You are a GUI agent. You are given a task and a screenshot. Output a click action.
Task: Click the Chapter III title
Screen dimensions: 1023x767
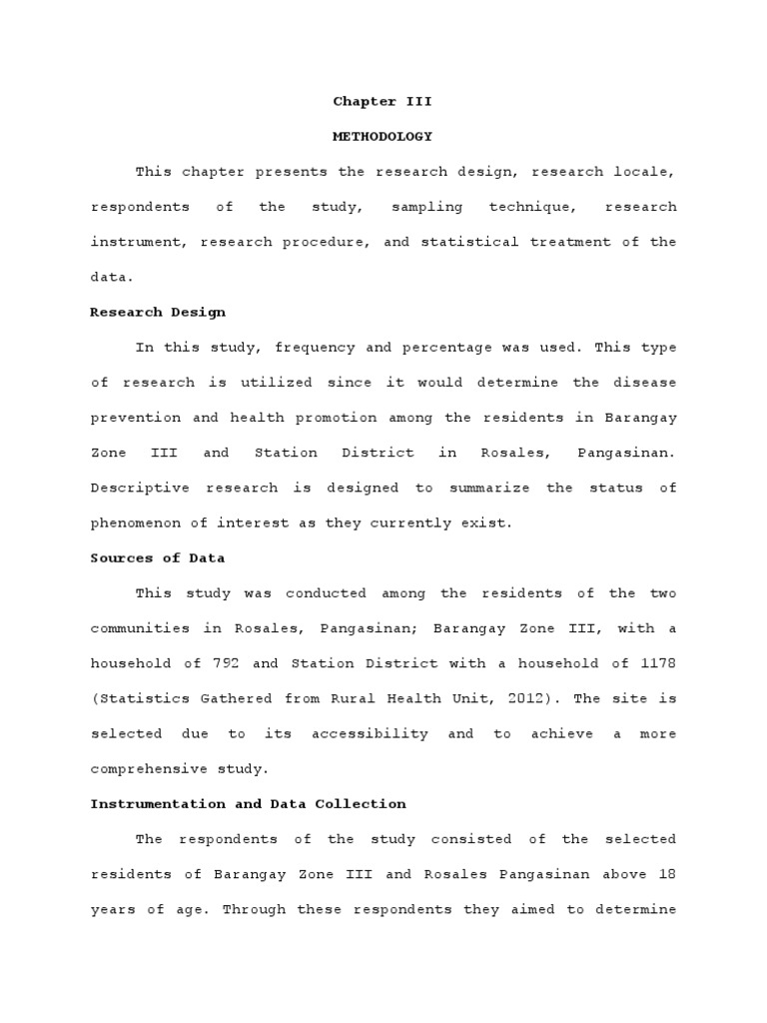[383, 101]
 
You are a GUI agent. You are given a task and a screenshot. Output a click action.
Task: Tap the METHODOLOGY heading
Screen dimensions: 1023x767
[383, 136]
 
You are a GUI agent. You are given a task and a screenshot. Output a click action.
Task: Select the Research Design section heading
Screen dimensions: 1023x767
[158, 312]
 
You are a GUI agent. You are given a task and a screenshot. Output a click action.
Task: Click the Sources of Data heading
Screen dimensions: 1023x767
[157, 557]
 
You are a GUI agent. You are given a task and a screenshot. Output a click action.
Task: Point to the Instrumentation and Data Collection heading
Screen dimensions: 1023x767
[248, 803]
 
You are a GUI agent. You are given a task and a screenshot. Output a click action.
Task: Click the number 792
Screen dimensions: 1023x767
[226, 663]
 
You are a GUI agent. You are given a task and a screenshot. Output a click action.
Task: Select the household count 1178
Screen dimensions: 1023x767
[659, 663]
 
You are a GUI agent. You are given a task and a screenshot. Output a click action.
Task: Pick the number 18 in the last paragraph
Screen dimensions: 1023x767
[667, 874]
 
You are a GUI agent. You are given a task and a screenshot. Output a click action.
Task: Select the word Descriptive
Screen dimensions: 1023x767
[134, 488]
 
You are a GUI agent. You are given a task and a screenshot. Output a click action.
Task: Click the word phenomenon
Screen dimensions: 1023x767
[134, 522]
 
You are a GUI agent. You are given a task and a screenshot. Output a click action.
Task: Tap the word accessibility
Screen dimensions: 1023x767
[370, 733]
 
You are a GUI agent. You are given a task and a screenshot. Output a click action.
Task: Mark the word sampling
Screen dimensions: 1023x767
[426, 207]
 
